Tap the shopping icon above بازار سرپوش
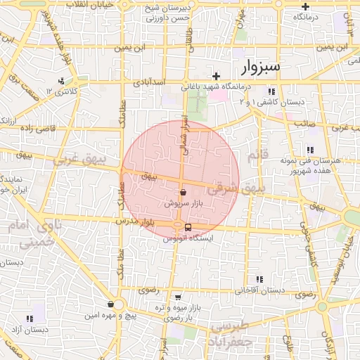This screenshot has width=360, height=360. [183, 191]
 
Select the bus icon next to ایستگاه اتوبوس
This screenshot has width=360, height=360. [188, 227]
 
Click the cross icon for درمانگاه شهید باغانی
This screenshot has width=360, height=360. [217, 76]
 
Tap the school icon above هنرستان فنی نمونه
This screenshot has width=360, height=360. [310, 149]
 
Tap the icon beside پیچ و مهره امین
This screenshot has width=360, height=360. [111, 304]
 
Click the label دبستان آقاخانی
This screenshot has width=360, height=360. [259, 290]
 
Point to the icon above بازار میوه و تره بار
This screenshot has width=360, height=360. [177, 297]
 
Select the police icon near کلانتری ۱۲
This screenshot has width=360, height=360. [63, 81]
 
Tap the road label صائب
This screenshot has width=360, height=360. [302, 123]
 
